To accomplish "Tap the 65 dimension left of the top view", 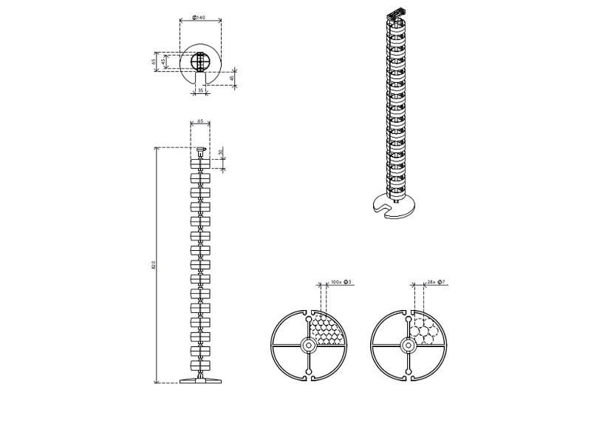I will (154, 61).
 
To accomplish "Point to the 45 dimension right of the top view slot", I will (232, 78).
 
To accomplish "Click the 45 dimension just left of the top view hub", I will (165, 61).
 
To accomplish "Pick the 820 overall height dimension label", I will (153, 265).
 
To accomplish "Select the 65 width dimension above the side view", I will (200, 121).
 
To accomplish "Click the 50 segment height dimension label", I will (221, 152).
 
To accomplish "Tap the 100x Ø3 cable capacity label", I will (341, 283).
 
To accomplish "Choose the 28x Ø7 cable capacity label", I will (436, 283).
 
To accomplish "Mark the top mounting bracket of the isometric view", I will (397, 13).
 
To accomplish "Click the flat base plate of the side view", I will (200, 381).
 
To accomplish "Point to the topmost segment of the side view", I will (200, 164).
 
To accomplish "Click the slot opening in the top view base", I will (199, 78).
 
